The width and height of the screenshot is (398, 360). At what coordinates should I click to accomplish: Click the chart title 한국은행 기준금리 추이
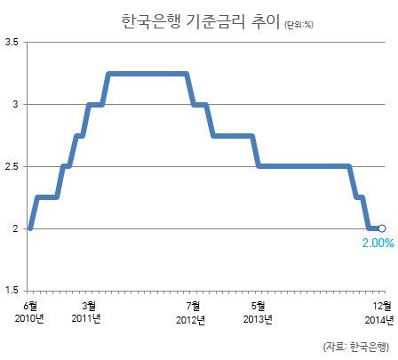point(201,21)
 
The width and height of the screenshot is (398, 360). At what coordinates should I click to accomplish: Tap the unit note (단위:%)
point(298,25)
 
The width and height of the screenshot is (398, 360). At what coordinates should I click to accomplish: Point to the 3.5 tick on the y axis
point(12,42)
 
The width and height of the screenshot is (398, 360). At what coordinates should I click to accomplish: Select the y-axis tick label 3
point(15,104)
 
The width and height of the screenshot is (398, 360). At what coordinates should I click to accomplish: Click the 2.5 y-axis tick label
point(12,166)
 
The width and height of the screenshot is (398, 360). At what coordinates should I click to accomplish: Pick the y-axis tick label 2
point(15,228)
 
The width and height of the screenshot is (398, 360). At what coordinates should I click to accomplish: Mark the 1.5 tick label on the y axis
point(12,291)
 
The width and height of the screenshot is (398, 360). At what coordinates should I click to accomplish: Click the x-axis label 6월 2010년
point(29,313)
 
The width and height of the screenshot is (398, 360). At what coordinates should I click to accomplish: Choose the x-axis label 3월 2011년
point(86,313)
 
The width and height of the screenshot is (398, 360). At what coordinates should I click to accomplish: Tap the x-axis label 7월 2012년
point(191,313)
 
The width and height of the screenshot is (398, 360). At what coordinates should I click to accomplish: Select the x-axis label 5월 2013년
point(258,313)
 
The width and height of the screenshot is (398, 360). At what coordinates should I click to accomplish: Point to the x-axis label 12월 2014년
point(379,313)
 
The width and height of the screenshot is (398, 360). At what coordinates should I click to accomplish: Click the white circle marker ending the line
point(382,228)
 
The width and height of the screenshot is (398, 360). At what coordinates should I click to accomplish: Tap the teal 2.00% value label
point(378,243)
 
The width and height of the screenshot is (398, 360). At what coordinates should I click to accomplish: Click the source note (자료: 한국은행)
point(356,347)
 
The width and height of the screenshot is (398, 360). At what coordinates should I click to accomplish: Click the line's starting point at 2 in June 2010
point(30,228)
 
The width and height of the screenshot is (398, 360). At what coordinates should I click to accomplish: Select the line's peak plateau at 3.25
point(147,74)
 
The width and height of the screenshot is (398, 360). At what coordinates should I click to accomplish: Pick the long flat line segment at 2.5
point(304,166)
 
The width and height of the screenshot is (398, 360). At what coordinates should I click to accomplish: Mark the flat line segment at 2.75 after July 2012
point(233,136)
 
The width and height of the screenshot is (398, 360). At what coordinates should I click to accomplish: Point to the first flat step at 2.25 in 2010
point(47,197)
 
